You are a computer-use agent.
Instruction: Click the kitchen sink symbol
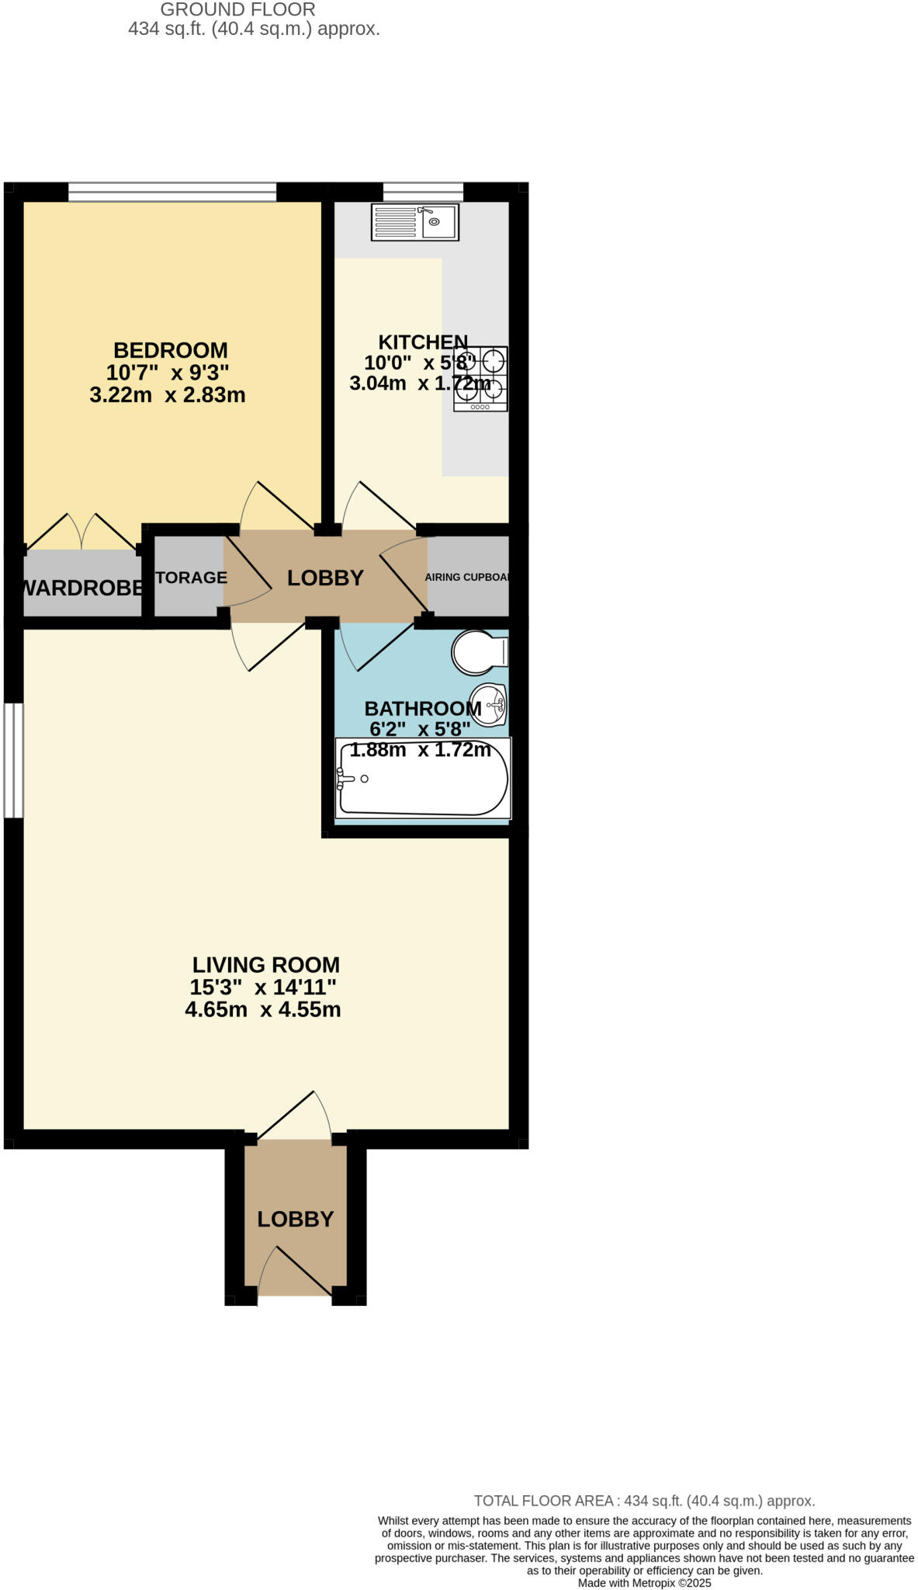415,222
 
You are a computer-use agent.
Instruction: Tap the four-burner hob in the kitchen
480,379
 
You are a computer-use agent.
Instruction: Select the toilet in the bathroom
479,653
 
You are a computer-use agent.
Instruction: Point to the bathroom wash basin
488,705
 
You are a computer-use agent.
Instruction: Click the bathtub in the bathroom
423,779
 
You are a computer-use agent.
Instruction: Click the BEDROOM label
171,350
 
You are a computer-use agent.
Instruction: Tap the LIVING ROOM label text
265,965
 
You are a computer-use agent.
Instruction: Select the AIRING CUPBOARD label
468,578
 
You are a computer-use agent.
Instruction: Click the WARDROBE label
82,588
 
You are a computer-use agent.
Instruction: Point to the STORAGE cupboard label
191,578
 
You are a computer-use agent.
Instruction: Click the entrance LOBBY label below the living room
296,1219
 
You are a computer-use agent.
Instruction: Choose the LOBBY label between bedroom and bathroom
325,578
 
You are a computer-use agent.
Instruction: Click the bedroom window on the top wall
172,192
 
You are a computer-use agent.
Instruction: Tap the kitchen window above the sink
423,191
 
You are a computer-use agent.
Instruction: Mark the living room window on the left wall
13,760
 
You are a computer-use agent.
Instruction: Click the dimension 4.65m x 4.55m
263,1010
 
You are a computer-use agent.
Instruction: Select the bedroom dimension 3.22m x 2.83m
168,395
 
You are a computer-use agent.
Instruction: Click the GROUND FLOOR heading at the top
237,10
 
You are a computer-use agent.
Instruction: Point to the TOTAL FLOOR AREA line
644,1501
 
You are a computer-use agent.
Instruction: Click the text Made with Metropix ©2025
644,1582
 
